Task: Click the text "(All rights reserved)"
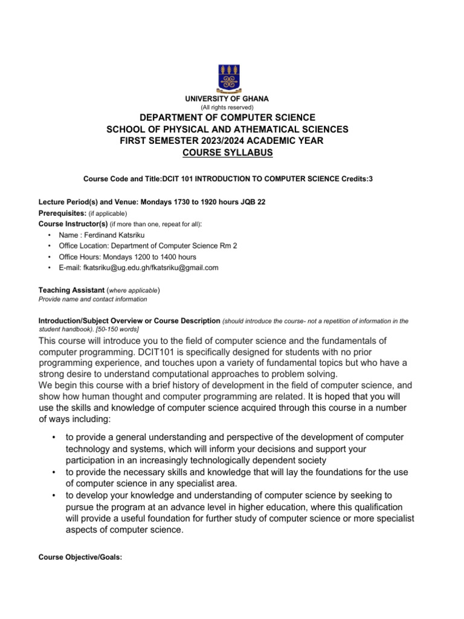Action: click(227, 107)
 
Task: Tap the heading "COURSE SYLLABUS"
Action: click(227, 153)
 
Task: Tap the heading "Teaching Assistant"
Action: click(71, 290)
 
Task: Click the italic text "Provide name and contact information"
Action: click(92, 299)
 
